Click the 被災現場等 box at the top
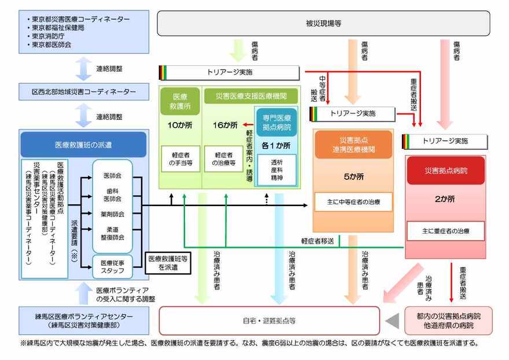coord(323,24)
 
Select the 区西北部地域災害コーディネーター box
coord(84,92)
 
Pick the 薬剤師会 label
coord(113,214)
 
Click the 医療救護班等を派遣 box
coord(168,263)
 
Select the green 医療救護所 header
coord(180,102)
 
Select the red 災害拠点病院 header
coord(445,171)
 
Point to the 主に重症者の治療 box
coord(445,232)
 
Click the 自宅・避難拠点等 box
coord(269,320)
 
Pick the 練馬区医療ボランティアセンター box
coord(84,321)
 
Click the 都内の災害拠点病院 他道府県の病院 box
coord(448,321)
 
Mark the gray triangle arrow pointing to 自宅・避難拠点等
coord(393,320)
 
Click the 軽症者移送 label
coord(317,241)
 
